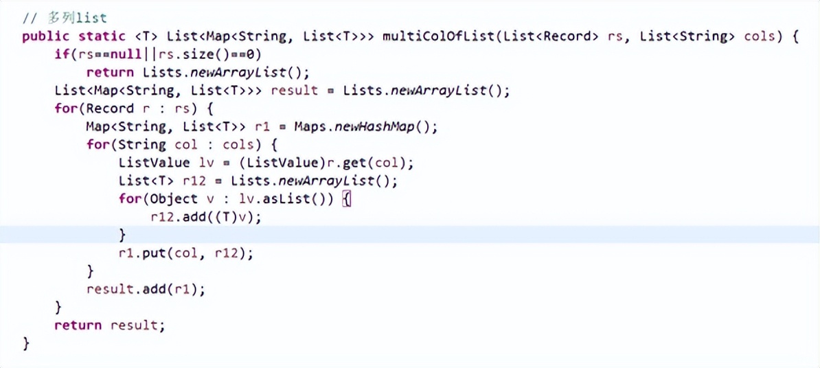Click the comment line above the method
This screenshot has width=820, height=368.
(65, 19)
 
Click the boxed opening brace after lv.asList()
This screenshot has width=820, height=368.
(346, 199)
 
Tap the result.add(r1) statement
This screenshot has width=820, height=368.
(146, 289)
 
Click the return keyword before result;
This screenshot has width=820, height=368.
(78, 325)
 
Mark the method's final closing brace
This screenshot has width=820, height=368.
(26, 343)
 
